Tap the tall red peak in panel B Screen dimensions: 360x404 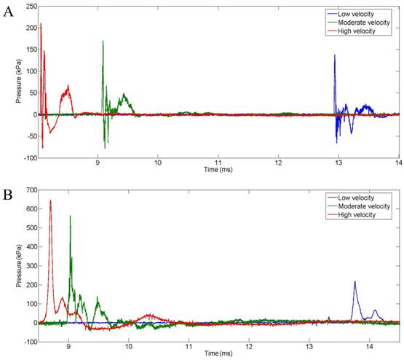[x=50, y=200]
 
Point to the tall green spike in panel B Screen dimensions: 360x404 [x=70, y=216]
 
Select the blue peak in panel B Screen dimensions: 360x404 [x=355, y=282]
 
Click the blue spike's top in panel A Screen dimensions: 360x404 [x=335, y=55]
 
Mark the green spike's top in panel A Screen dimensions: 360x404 [x=103, y=42]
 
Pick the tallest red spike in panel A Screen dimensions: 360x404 [x=41, y=24]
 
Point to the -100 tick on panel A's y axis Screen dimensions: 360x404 [x=28, y=157]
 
